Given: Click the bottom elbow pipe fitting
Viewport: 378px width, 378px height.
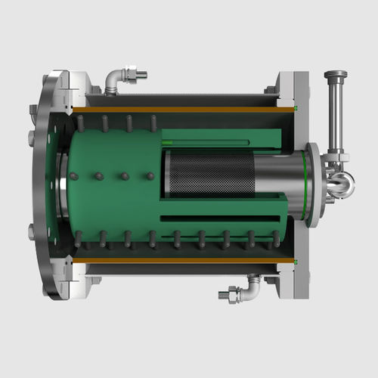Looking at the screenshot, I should coord(251,288).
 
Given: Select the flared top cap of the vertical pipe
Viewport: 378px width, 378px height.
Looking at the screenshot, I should coord(336,75).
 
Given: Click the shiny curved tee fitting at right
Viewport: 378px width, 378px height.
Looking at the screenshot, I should coord(340,181).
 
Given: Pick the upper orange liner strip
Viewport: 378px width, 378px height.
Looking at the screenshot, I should coord(181,110).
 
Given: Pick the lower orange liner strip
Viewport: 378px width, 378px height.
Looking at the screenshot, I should coord(181,261).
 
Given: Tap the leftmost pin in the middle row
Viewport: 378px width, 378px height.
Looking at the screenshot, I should coord(73,176).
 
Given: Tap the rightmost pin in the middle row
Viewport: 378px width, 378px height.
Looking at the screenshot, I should coord(150,176).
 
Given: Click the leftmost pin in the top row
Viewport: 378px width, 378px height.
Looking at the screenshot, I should coord(80,123).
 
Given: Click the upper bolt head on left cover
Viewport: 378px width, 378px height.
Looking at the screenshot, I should coord(32,138).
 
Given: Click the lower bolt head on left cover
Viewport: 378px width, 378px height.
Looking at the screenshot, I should coord(32,232).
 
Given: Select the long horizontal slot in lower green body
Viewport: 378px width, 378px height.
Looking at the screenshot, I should coord(219,219).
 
